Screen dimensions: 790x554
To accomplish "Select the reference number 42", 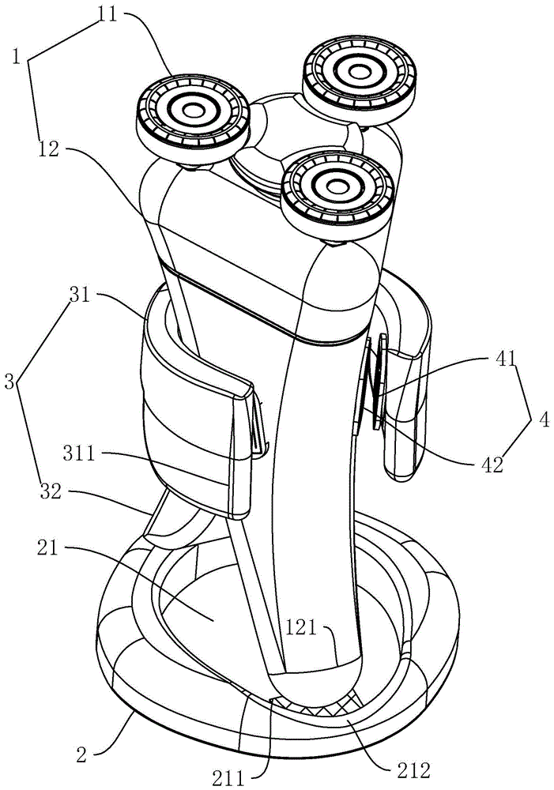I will [492, 465].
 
